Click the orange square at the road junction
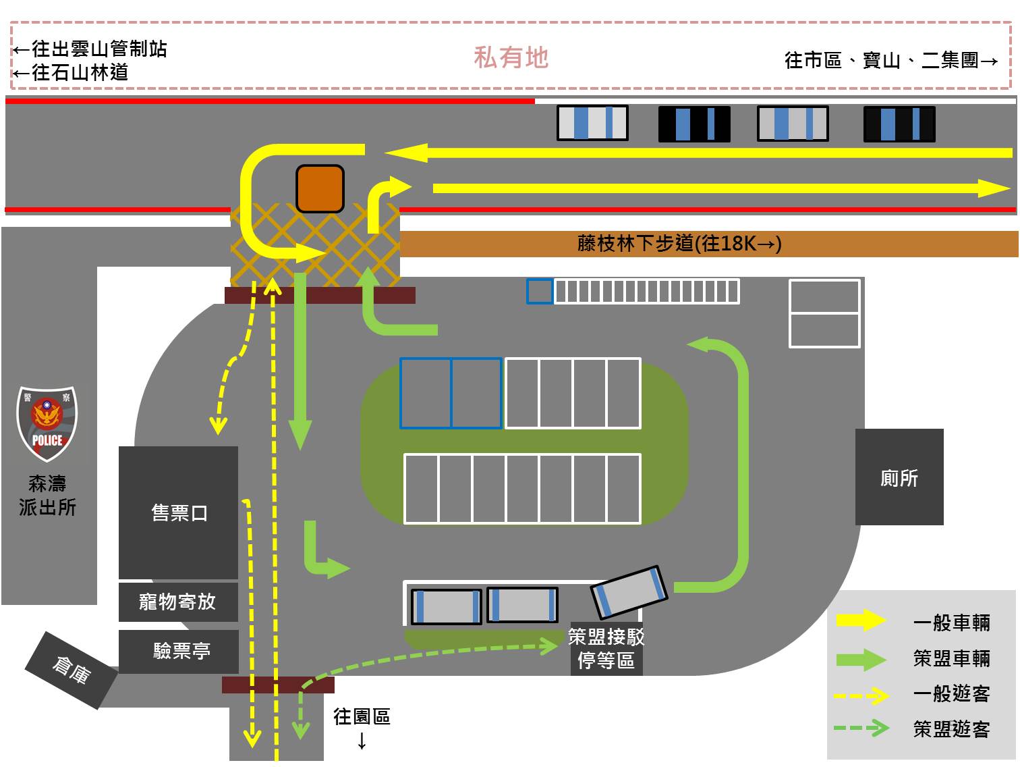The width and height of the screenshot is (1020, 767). [320, 188]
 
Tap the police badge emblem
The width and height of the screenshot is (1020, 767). [47, 424]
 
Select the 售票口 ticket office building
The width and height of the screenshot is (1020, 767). [179, 512]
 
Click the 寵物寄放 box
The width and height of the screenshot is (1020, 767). [178, 602]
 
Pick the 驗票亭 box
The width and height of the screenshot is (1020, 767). [179, 651]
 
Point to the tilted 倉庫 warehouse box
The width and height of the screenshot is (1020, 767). [71, 670]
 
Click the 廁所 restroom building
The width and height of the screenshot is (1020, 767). [899, 477]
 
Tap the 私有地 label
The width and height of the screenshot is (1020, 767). [511, 58]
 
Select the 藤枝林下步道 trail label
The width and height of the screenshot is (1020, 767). [679, 244]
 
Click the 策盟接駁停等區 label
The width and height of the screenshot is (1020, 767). [606, 648]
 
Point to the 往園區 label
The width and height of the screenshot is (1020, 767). [362, 717]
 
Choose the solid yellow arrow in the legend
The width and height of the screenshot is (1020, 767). [861, 620]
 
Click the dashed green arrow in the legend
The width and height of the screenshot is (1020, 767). [861, 728]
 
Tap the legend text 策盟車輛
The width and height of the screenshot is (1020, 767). [951, 658]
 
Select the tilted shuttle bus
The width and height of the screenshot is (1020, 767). [629, 591]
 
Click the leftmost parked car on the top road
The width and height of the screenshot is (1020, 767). [592, 123]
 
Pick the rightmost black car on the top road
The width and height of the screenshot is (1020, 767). [899, 124]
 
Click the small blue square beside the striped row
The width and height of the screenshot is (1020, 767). [540, 292]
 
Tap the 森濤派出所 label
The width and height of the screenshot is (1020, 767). [47, 495]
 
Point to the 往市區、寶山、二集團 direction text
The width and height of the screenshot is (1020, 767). [890, 61]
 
